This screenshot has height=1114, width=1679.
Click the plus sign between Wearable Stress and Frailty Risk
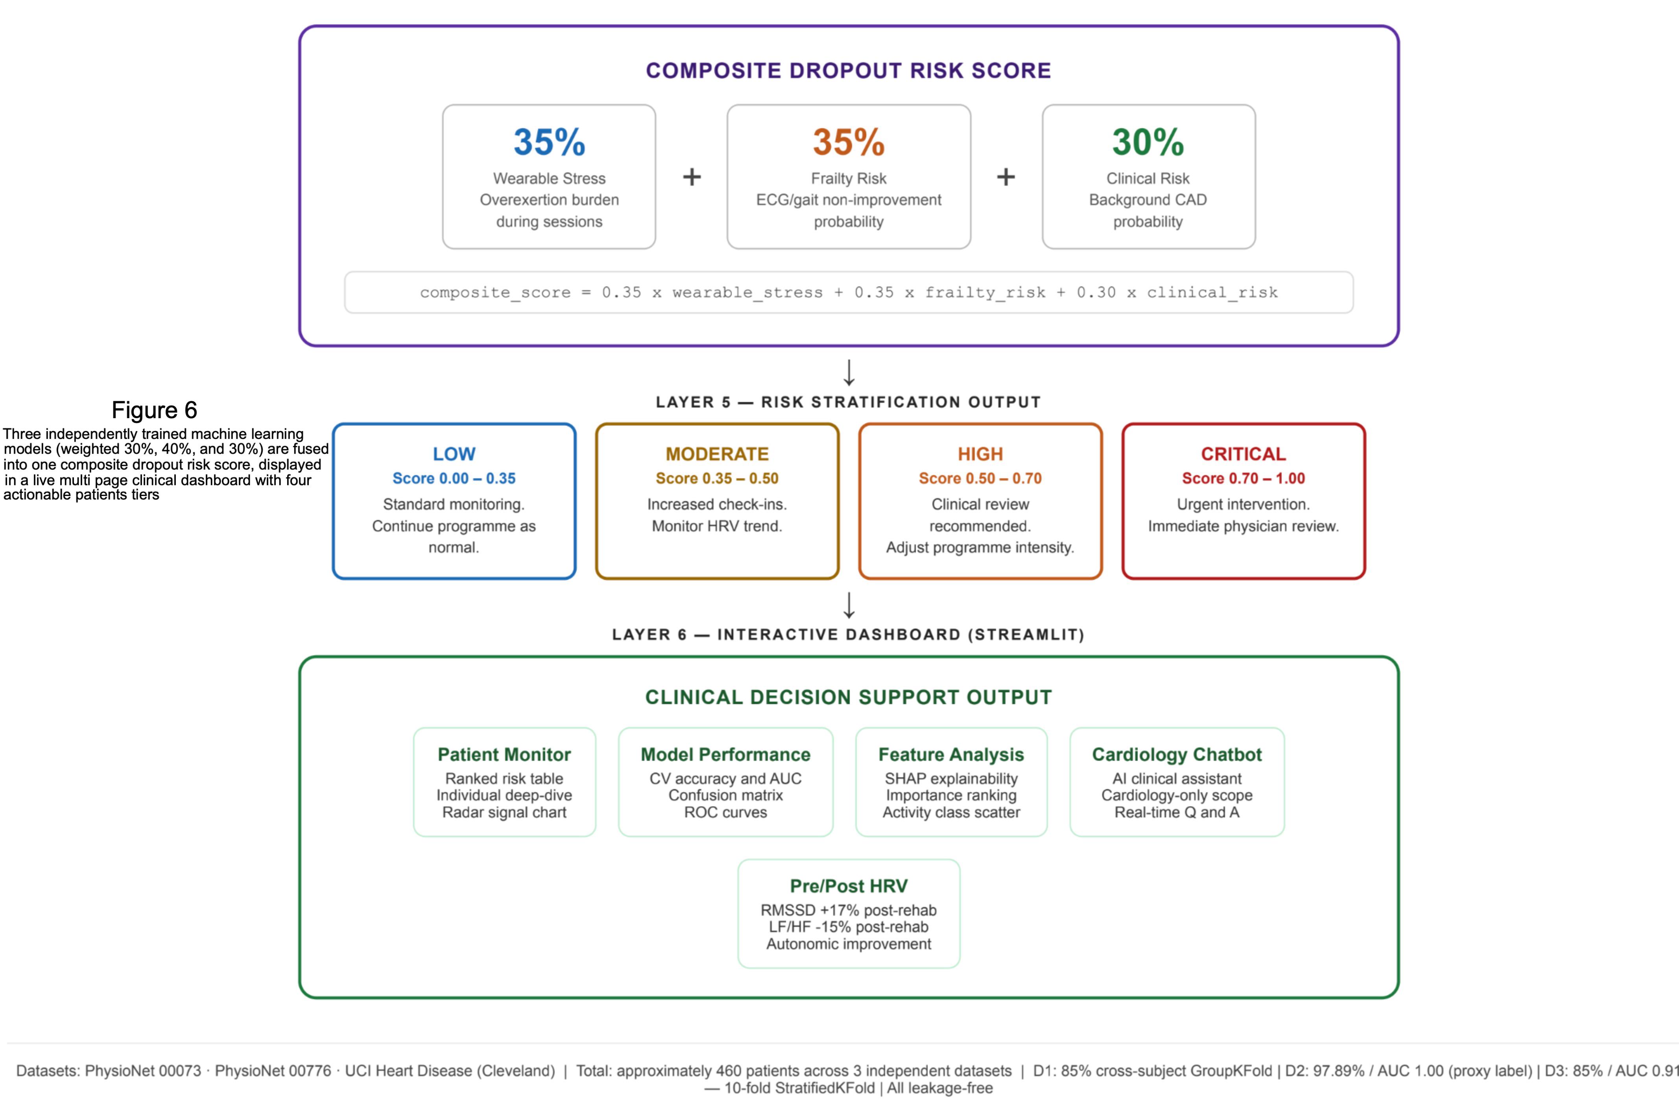click(x=691, y=177)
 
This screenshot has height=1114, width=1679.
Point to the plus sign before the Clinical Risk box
click(x=1006, y=177)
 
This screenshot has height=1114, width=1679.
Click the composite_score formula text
click(x=849, y=292)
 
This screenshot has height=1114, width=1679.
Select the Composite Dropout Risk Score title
click(x=849, y=70)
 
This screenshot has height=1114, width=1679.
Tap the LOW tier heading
click(x=454, y=454)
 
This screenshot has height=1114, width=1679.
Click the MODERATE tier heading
click(x=717, y=454)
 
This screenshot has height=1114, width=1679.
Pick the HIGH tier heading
click(x=980, y=454)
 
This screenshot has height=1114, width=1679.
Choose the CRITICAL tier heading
click(x=1244, y=454)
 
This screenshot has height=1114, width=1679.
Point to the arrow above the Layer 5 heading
click(x=849, y=372)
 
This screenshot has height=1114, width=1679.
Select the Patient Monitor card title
click(x=504, y=754)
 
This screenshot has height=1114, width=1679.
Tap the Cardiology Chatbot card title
click(x=1177, y=754)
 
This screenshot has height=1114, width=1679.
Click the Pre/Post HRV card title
click(x=849, y=886)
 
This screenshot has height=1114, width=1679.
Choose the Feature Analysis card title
click(x=951, y=754)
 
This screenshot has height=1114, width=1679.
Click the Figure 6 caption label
click(x=154, y=410)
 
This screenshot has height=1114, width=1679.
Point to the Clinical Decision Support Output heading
click(x=849, y=697)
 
